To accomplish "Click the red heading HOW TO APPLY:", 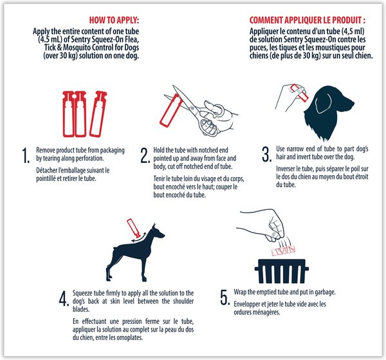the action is click(114, 20).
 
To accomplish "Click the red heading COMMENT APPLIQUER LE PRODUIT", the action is click(308, 20).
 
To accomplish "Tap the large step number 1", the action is click(26, 156).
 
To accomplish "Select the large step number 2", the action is click(145, 156).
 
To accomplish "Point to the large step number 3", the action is click(267, 155).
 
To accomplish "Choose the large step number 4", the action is click(64, 299).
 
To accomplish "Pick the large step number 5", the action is click(225, 298).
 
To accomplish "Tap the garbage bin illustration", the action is click(281, 271).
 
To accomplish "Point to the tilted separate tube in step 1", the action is click(98, 114).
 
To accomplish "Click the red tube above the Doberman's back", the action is click(133, 227).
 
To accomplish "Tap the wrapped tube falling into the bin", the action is click(283, 251).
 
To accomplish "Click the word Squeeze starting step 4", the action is click(82, 293).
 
